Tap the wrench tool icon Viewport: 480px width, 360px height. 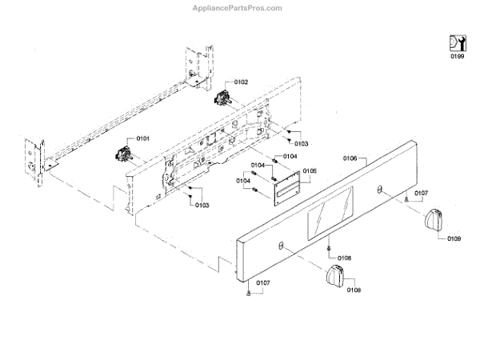point(456,43)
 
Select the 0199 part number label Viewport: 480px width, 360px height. point(456,57)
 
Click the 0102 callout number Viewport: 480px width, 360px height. point(242,82)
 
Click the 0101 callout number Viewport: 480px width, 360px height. point(142,138)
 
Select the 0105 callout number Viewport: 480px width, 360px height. point(310,170)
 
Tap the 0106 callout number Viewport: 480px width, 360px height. point(350,158)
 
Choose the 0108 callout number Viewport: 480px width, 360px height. point(344,258)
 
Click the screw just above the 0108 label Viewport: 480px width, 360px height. point(329,250)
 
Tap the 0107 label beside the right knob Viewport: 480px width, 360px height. point(421,193)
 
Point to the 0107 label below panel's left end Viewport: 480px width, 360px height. point(263,283)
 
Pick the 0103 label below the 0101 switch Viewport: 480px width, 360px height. point(202,206)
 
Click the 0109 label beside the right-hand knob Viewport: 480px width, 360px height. point(454,239)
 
